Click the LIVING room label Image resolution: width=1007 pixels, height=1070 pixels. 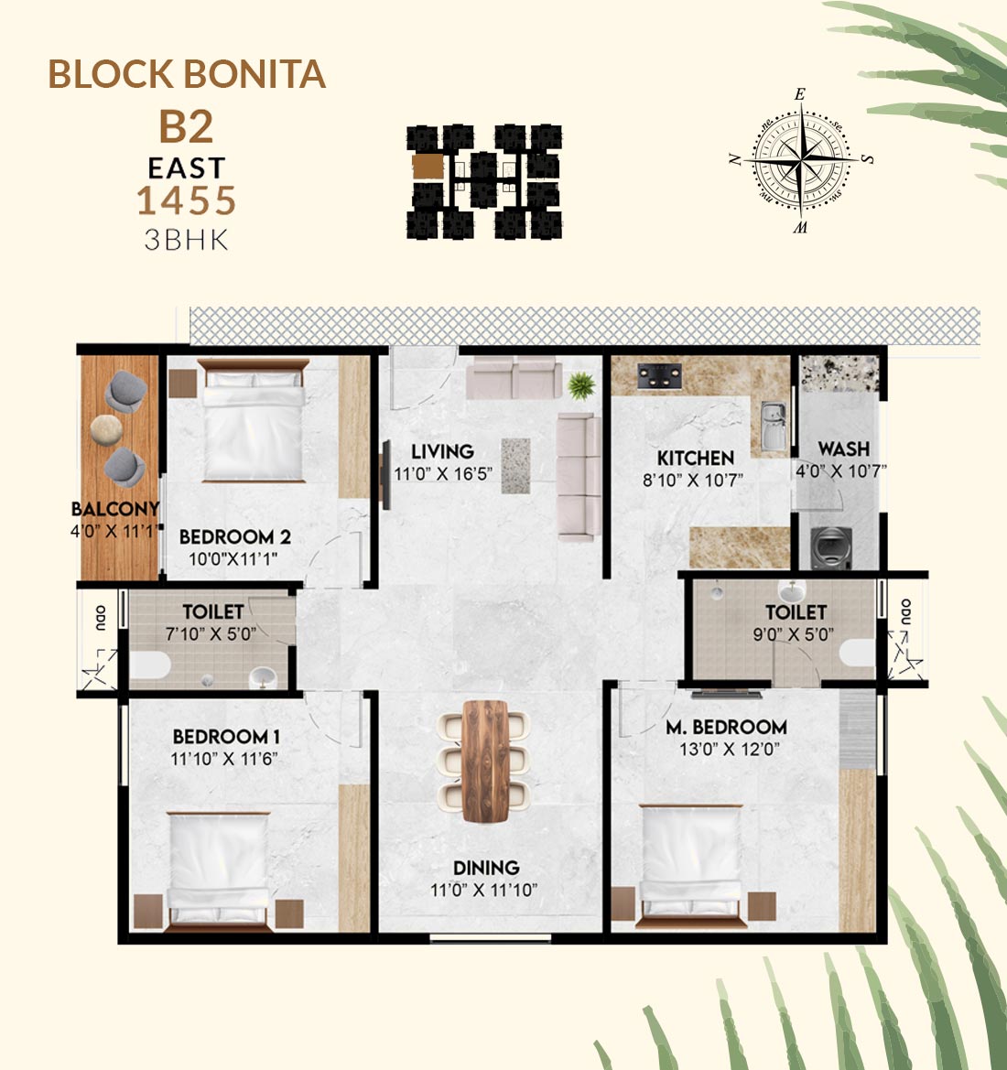(x=442, y=451)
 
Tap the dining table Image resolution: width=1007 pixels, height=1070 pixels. (x=485, y=761)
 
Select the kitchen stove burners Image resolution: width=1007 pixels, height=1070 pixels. (x=659, y=376)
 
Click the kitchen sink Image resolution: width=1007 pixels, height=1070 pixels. (x=774, y=426)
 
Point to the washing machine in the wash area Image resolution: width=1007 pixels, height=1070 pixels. (x=831, y=547)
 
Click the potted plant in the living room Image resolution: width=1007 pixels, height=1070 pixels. (x=581, y=385)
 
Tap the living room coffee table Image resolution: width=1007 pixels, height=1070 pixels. (x=515, y=466)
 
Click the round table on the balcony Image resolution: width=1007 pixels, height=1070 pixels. (x=106, y=430)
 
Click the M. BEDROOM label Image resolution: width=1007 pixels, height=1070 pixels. (x=726, y=727)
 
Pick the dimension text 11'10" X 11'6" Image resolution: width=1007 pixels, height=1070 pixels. (x=224, y=758)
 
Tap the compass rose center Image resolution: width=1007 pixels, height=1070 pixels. (x=802, y=159)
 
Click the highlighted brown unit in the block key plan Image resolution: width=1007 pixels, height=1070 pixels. (x=428, y=167)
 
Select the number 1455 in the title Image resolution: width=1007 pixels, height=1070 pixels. (x=187, y=200)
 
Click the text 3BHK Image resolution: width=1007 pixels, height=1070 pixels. (x=187, y=240)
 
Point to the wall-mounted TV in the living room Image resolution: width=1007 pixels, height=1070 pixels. (x=385, y=475)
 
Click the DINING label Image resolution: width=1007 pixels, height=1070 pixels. (x=486, y=868)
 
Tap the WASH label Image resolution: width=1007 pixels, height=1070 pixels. (x=844, y=449)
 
